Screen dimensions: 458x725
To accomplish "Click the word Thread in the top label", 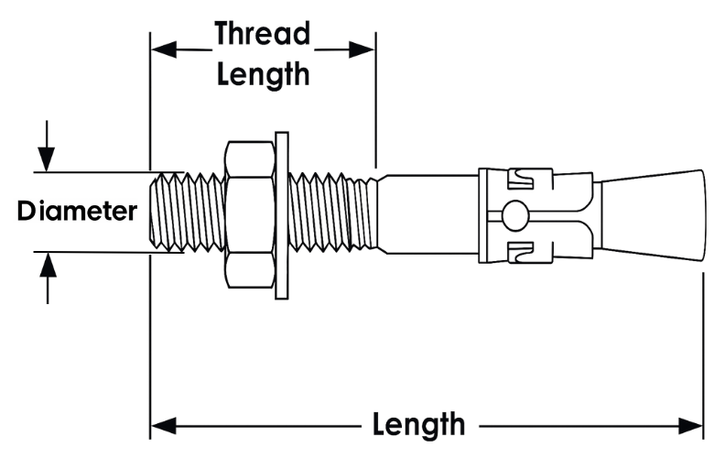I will pyautogui.click(x=263, y=34).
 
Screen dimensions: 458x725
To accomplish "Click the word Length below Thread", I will pyautogui.click(x=263, y=73).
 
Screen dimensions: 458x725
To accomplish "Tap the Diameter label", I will pyautogui.click(x=78, y=212).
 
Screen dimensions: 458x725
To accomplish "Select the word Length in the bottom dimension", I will pyautogui.click(x=418, y=425).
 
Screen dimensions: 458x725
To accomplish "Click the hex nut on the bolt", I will pyautogui.click(x=248, y=216).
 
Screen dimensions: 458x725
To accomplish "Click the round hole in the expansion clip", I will pyautogui.click(x=515, y=215).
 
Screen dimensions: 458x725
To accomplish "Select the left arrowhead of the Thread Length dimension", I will pyautogui.click(x=161, y=49).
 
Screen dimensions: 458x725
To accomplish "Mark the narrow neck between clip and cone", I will pyautogui.click(x=595, y=214).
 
